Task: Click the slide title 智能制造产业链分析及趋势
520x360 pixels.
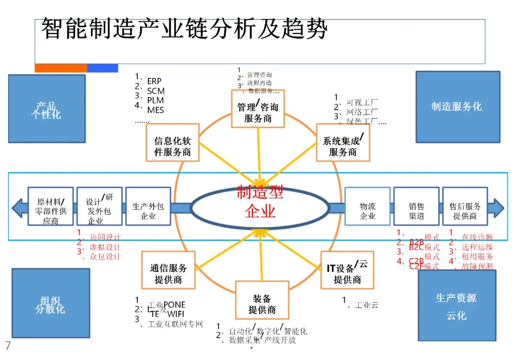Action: click(184, 29)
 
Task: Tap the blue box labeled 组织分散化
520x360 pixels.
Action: click(51, 304)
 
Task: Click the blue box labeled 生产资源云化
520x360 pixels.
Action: click(456, 306)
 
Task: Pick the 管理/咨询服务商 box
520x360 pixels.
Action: click(258, 109)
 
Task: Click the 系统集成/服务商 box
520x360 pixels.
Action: click(343, 142)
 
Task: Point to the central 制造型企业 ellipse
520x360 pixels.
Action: click(260, 206)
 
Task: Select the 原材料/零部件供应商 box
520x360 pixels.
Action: click(51, 206)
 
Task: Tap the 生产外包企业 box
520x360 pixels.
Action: click(148, 206)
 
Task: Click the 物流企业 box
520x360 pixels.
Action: click(367, 206)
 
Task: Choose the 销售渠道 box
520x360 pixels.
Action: click(416, 206)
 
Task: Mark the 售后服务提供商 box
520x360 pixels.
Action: click(465, 206)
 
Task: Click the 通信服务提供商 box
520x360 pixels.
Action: click(168, 270)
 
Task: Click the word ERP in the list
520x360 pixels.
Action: click(154, 81)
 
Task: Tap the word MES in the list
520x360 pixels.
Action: click(156, 110)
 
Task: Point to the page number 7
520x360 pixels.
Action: click(8, 346)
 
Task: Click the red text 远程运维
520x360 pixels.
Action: click(477, 247)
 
